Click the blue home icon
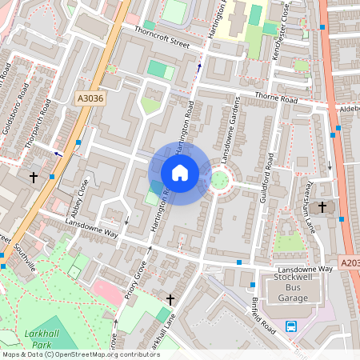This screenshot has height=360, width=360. (x=180, y=173)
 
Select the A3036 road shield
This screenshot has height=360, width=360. (x=90, y=98)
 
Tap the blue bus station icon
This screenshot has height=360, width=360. (x=291, y=326)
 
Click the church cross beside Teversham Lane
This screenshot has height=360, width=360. (x=322, y=207)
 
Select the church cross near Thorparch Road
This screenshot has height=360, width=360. (x=34, y=175)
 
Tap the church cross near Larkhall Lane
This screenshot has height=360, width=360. (x=170, y=299)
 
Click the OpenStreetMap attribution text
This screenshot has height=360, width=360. (x=81, y=354)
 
